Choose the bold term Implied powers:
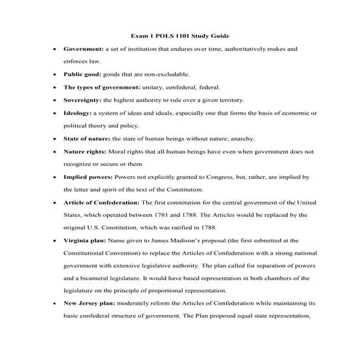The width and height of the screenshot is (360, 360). [x=89, y=177]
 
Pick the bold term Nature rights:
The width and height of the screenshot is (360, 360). [x=86, y=151]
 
